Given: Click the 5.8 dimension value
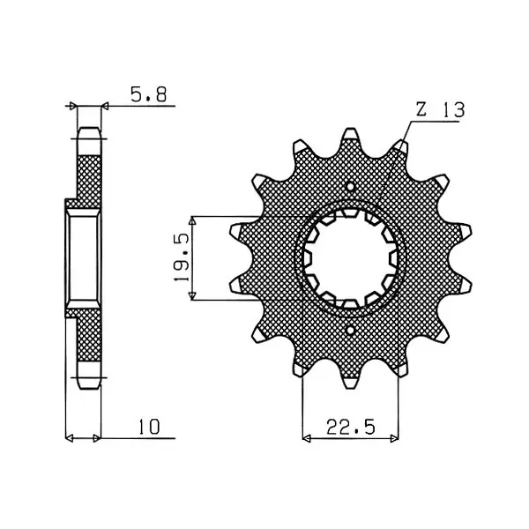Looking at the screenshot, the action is point(149,94).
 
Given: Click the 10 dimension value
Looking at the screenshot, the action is point(148,427).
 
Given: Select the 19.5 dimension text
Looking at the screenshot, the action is point(181,258).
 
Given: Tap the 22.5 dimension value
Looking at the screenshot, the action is point(351,427).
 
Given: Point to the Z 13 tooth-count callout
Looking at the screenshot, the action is point(440,109).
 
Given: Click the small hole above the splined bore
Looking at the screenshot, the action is point(351,186).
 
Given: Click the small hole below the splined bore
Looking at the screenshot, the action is point(351,330).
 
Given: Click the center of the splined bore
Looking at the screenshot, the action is point(351,258).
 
